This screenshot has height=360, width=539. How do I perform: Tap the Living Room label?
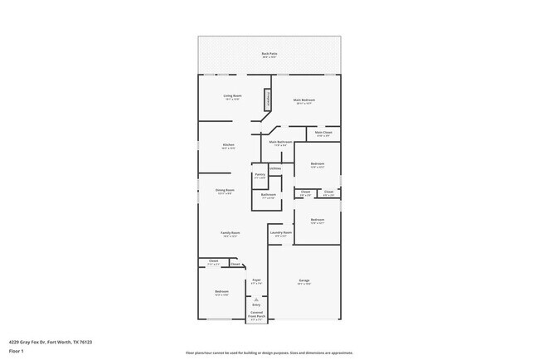[232, 97]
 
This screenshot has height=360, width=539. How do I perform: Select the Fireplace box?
[268, 99]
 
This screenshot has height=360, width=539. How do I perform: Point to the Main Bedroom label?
[303, 101]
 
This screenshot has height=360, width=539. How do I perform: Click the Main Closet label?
[323, 133]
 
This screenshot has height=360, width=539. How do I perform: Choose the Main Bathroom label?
[279, 143]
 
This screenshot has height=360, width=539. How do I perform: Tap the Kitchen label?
[228, 146]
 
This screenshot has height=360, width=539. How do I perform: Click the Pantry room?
[260, 176]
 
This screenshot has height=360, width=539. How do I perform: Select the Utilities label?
[275, 168]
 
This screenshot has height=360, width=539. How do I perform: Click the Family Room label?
[230, 234]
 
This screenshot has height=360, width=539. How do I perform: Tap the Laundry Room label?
[280, 233]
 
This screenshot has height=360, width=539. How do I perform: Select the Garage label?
[303, 281]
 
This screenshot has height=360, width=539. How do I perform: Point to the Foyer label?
[257, 281]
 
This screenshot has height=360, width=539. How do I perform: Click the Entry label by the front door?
[256, 304]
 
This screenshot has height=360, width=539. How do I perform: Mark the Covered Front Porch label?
[258, 315]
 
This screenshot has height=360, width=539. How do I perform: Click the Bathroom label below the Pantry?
[269, 196]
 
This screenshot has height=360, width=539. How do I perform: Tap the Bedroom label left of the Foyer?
[221, 292]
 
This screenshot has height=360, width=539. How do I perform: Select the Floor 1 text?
[17, 351]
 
